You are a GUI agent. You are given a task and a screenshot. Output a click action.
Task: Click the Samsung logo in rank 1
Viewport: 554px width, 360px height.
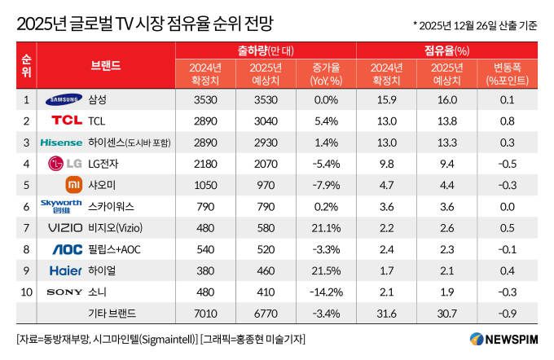point(64,99)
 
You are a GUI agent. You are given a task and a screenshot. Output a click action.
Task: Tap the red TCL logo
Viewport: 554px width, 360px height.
point(67,121)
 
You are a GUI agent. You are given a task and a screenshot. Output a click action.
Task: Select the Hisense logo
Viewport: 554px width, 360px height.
point(61,142)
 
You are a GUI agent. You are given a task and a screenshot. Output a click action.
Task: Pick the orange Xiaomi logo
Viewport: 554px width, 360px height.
point(73,184)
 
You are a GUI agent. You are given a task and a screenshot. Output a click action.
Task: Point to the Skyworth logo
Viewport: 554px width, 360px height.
point(61,206)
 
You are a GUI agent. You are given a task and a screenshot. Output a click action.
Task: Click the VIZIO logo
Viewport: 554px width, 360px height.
point(65,227)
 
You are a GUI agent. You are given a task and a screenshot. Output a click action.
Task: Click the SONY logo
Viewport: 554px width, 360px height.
point(64,291)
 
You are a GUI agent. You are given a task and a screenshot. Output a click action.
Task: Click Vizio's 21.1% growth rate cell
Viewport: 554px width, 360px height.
point(325,227)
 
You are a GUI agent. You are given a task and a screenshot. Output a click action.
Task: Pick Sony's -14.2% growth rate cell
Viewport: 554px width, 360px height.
point(325,291)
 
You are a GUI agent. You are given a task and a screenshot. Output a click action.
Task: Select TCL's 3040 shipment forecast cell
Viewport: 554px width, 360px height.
point(266,121)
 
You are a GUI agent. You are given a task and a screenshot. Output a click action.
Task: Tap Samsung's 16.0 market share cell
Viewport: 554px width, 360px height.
point(446,99)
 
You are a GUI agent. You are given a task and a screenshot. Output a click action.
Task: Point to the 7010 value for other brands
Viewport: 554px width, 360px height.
point(205,313)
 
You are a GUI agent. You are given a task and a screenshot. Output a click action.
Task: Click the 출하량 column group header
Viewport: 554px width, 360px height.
point(266,50)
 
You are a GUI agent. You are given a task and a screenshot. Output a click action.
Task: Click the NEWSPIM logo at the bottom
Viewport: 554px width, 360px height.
point(503,339)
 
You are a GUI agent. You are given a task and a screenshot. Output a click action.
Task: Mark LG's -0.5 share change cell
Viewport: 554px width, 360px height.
point(507,163)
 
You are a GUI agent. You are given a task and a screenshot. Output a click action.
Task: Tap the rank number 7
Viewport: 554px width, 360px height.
point(26,227)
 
